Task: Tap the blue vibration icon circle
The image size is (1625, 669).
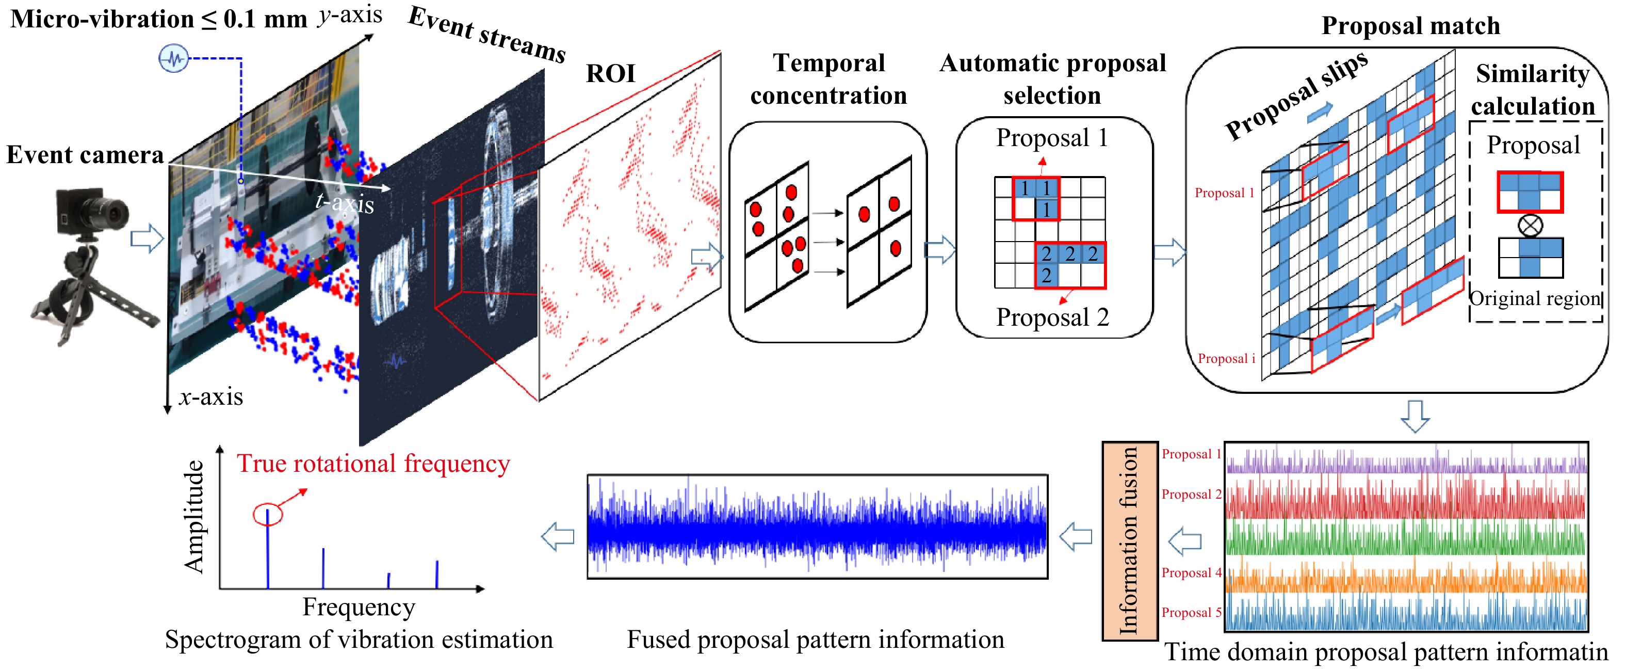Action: pos(173,59)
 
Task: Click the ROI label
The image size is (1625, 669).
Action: pos(610,74)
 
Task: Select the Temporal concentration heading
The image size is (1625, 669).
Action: pos(828,79)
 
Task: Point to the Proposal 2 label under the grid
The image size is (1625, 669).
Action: pos(1052,317)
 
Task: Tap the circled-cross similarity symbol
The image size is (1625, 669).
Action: pos(1531,225)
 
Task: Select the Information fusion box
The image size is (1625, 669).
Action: pos(1130,541)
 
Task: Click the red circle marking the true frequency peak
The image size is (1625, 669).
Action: pos(267,514)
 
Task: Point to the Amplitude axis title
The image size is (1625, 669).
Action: pos(193,517)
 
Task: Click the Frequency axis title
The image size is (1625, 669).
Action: pos(359,607)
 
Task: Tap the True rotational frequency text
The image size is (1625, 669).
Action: pos(373,464)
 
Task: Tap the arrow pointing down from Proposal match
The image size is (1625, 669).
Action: pos(1415,416)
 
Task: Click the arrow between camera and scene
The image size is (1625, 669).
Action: pos(147,238)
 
